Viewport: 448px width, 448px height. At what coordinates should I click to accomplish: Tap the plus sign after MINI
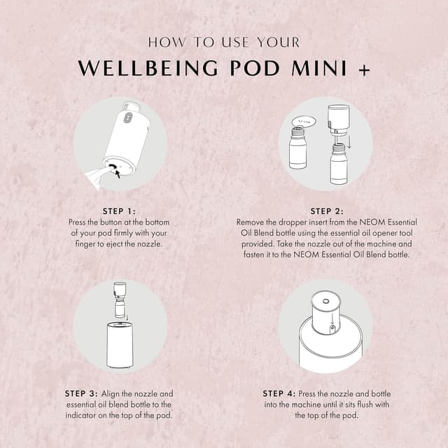pos(363,69)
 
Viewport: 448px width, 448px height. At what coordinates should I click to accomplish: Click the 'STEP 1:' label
pos(118,211)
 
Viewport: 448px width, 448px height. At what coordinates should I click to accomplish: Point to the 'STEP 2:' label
pos(326,211)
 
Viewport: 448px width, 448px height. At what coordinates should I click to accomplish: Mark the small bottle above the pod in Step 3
pos(120,300)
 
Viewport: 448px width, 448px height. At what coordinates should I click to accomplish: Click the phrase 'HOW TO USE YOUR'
pos(223,42)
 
